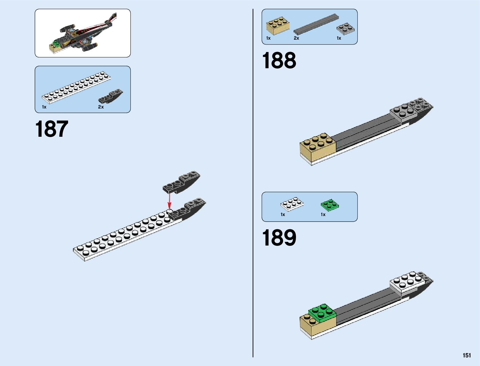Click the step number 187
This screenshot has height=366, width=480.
coord(52,129)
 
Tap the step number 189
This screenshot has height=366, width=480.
coord(279,238)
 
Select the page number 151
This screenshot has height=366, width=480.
coord(467,355)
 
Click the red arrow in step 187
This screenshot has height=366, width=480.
coord(169,201)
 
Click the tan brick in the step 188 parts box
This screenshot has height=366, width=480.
coord(278,26)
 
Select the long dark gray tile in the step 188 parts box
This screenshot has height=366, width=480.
coord(316,24)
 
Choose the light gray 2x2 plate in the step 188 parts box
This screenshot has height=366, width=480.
coord(345,29)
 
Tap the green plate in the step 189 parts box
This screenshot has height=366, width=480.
coord(330,205)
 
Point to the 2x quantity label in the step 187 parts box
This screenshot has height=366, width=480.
coord(101,107)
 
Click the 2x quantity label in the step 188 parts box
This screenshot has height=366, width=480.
coord(296,38)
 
